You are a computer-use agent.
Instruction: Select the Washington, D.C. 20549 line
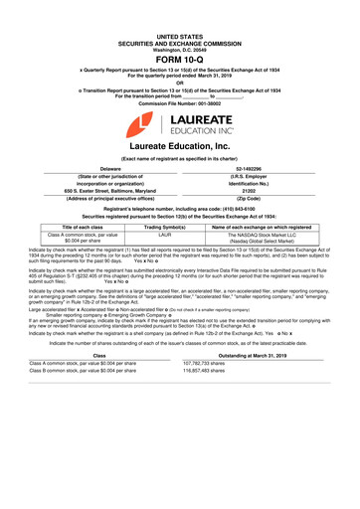pyautogui.click(x=179, y=22)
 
